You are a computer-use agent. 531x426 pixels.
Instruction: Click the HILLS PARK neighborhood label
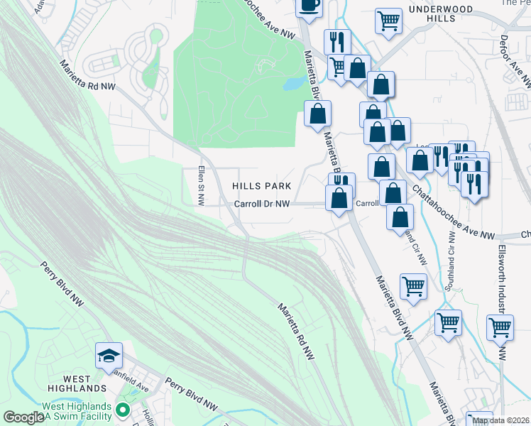[262, 186]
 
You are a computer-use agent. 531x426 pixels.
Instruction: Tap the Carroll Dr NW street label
[262, 204]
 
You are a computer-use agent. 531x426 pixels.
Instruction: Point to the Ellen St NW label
[201, 187]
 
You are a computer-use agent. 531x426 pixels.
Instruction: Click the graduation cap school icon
[109, 354]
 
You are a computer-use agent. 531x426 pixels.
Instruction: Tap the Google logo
[23, 417]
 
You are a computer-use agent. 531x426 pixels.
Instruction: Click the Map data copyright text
[500, 420]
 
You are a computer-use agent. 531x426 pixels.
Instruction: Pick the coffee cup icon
[310, 5]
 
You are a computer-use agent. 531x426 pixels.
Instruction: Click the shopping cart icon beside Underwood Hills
[388, 21]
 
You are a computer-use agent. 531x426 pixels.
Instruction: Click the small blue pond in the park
[292, 84]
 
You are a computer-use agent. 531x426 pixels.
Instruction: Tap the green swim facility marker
[122, 410]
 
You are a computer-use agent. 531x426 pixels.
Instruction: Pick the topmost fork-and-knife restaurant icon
[337, 41]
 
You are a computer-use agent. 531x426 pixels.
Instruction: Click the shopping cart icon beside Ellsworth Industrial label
[500, 327]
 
